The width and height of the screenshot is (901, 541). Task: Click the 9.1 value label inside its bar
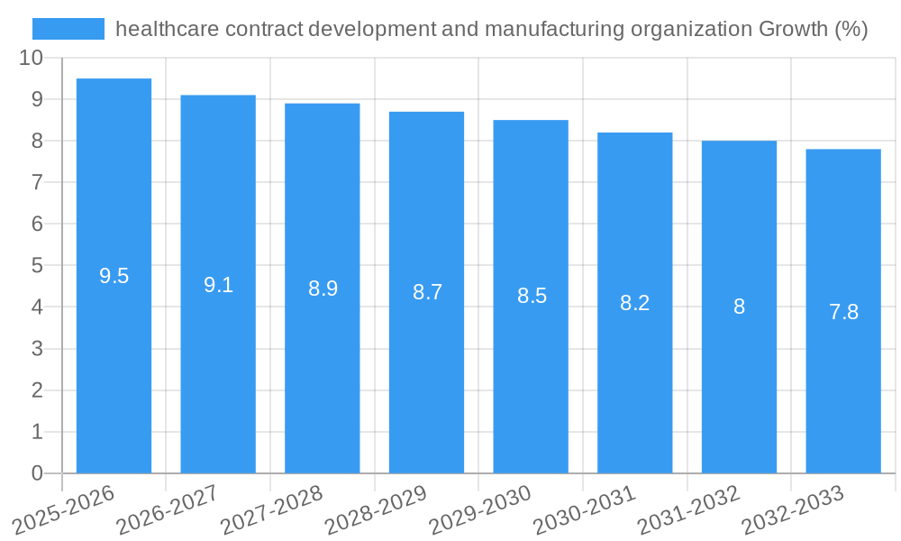[x=218, y=285]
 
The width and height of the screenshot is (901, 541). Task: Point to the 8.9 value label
[x=323, y=289]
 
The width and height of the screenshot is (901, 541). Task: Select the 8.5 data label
[x=532, y=296]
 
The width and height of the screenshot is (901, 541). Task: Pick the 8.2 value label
[x=634, y=303]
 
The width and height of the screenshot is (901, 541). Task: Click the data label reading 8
[x=739, y=307]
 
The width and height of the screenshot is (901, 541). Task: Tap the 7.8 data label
[x=843, y=312]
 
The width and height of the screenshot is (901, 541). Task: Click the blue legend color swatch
[x=68, y=29]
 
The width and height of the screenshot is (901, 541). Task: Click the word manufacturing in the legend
[x=552, y=29]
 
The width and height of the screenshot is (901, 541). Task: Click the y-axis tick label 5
[x=37, y=265]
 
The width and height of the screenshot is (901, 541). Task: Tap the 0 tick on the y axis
[x=37, y=473]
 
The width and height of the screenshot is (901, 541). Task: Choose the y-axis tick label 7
[x=37, y=182]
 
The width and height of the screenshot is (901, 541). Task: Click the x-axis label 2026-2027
[x=168, y=510]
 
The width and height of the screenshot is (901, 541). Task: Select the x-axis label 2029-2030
[x=480, y=510]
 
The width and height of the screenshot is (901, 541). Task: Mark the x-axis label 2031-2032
[x=689, y=510]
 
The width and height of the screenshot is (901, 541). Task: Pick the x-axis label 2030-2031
[x=585, y=510]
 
